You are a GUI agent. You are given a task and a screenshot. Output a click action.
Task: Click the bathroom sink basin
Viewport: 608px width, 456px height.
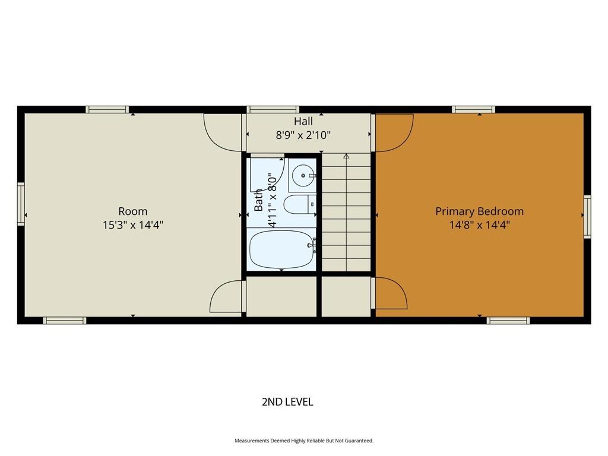pos(303,176)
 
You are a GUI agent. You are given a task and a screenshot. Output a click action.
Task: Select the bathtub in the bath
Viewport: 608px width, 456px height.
pos(281,249)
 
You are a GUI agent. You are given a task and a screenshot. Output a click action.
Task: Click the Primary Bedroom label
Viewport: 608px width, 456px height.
pos(479,211)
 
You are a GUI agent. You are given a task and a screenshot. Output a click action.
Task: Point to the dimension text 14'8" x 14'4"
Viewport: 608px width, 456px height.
pos(479,225)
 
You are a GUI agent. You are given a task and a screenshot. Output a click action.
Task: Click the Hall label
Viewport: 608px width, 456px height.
pos(303,121)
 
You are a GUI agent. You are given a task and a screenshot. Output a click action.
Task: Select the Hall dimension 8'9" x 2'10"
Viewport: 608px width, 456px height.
pos(303,135)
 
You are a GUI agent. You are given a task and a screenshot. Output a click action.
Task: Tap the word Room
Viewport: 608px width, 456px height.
pos(132,211)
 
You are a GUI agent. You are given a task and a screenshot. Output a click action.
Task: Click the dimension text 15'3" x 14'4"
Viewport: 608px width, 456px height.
pos(132,225)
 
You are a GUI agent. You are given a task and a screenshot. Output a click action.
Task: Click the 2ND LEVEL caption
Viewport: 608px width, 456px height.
pos(287,402)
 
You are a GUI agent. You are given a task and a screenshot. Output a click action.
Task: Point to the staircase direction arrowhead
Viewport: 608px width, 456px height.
pos(346,156)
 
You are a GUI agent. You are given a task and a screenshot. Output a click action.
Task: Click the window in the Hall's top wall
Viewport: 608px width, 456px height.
pos(273,109)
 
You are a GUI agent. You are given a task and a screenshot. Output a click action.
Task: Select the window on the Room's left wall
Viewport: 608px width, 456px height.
pos(21,204)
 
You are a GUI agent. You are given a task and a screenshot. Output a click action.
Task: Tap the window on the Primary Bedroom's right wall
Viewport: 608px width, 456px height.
pos(587,217)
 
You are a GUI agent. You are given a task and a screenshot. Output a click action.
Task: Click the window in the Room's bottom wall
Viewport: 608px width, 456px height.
pos(64,320)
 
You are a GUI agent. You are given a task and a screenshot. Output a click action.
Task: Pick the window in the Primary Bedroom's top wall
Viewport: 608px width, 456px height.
pos(473,109)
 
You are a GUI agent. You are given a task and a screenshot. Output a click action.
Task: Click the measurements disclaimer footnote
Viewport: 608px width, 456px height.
pos(304,441)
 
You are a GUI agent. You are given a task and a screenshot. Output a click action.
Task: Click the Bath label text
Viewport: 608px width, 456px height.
pos(258,200)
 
